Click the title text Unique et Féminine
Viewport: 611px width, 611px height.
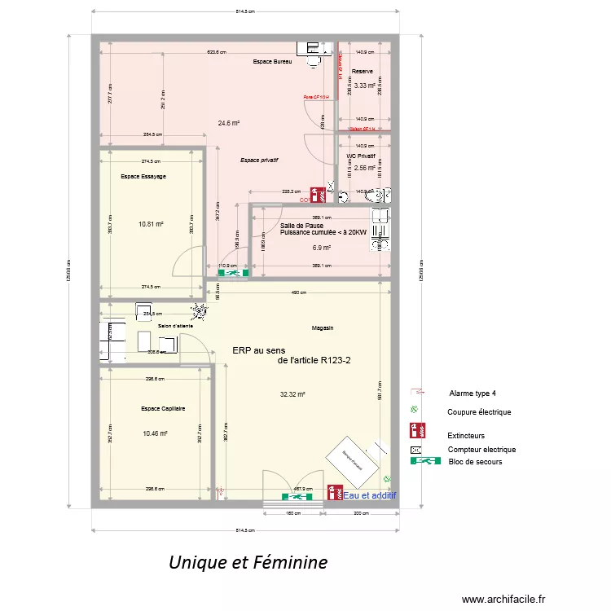pyautogui.click(x=248, y=562)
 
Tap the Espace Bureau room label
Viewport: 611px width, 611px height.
pyautogui.click(x=272, y=62)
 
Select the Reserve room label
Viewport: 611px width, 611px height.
pyautogui.click(x=363, y=72)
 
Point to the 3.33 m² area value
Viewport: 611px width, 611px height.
pyautogui.click(x=364, y=85)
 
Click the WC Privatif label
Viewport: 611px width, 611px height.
pyautogui.click(x=361, y=156)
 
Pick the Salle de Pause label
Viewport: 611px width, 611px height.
pyautogui.click(x=301, y=226)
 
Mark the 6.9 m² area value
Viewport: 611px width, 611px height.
pyautogui.click(x=322, y=248)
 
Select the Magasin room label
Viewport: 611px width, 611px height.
pyautogui.click(x=323, y=327)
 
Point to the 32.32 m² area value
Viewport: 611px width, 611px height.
pyautogui.click(x=292, y=394)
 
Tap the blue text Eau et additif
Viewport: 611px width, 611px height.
pyautogui.click(x=369, y=495)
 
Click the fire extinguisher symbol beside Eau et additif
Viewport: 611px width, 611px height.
pyautogui.click(x=333, y=492)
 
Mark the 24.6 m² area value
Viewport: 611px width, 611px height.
pyautogui.click(x=228, y=123)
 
